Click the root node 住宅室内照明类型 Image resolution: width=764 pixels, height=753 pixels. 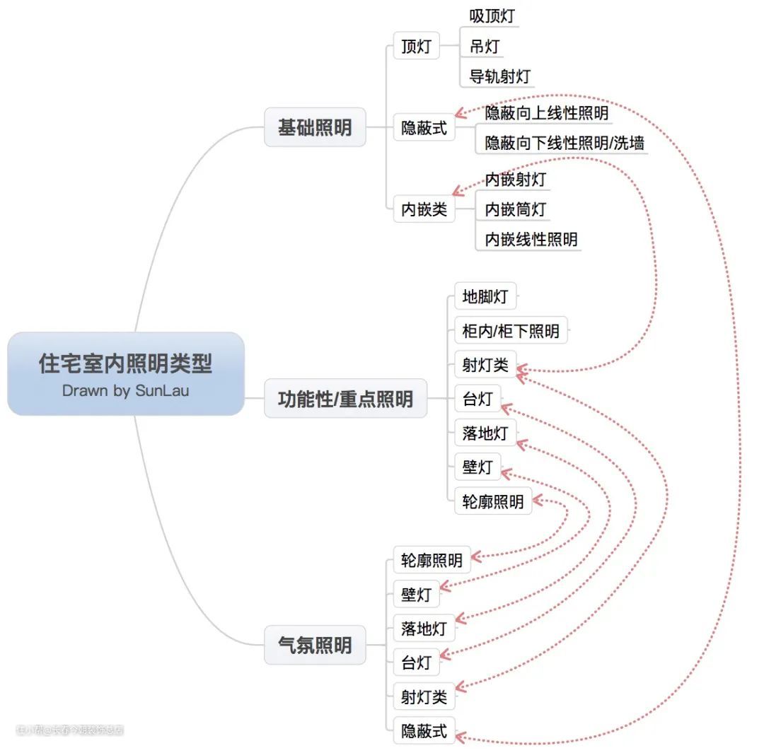[125, 365]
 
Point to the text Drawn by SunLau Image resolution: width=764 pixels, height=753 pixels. [125, 390]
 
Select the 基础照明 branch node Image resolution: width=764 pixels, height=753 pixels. [315, 128]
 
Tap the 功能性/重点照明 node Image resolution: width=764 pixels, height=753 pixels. [345, 399]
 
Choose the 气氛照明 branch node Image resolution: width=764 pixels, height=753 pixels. [315, 645]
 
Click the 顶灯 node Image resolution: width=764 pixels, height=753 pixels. [416, 47]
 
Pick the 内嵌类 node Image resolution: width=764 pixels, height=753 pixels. [424, 209]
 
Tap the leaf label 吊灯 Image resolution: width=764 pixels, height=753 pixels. [485, 47]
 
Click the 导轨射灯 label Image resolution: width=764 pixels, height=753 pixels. [500, 76]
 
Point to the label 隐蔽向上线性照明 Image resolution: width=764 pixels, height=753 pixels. [547, 113]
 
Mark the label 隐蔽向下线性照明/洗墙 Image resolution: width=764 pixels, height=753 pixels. [565, 143]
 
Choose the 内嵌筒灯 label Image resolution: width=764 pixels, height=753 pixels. [516, 209]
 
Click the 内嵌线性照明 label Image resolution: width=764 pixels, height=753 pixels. [531, 239]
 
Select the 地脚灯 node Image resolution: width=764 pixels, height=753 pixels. [485, 297]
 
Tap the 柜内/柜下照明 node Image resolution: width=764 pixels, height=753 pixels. [511, 330]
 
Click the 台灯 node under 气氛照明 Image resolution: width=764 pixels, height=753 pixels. [416, 663]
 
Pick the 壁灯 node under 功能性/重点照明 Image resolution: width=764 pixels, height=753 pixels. [477, 467]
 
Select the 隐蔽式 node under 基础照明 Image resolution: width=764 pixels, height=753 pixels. [424, 128]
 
